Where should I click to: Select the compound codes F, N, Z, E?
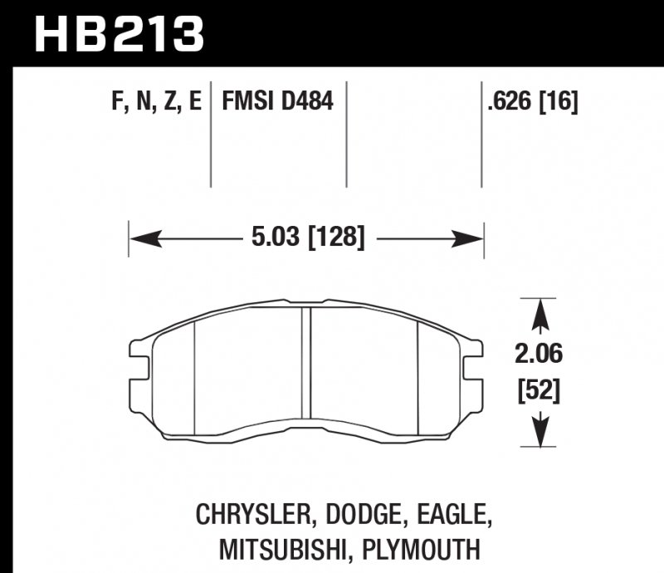(x=155, y=102)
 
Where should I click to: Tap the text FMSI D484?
(x=277, y=102)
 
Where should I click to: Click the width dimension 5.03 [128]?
(x=307, y=238)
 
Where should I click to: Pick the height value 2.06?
(x=540, y=355)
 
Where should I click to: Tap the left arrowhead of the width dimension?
(x=141, y=239)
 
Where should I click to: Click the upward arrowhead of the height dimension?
(x=540, y=311)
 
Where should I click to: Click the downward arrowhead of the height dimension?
(x=540, y=433)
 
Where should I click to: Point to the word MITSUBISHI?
(x=271, y=550)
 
